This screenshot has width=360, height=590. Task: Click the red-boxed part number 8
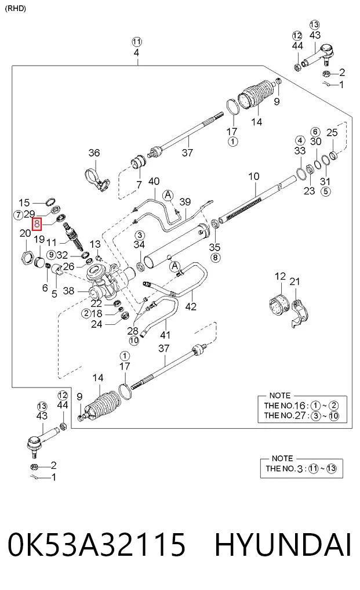(x=37, y=225)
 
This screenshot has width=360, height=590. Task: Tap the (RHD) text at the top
(x=16, y=8)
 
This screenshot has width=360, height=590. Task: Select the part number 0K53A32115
(x=97, y=544)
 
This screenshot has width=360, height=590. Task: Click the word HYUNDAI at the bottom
(x=283, y=544)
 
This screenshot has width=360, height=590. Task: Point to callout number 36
(x=94, y=153)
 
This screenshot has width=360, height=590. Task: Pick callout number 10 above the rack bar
(x=254, y=176)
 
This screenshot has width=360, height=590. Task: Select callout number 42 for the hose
(x=191, y=306)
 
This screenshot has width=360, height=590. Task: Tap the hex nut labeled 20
(x=26, y=258)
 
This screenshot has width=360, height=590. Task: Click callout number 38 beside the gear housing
(x=68, y=291)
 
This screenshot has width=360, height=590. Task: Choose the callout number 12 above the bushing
(x=280, y=277)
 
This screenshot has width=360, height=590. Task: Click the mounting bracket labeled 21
(x=300, y=313)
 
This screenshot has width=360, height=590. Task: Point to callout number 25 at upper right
(x=332, y=132)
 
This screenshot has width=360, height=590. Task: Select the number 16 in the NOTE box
(x=300, y=406)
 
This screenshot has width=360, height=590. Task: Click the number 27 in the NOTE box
(x=300, y=415)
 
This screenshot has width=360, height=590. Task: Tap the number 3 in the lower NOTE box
(x=300, y=469)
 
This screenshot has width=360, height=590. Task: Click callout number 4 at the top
(x=136, y=52)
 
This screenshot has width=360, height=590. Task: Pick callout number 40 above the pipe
(x=154, y=182)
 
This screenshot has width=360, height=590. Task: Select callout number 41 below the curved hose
(x=165, y=335)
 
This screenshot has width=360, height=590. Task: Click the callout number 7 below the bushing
(x=139, y=184)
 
